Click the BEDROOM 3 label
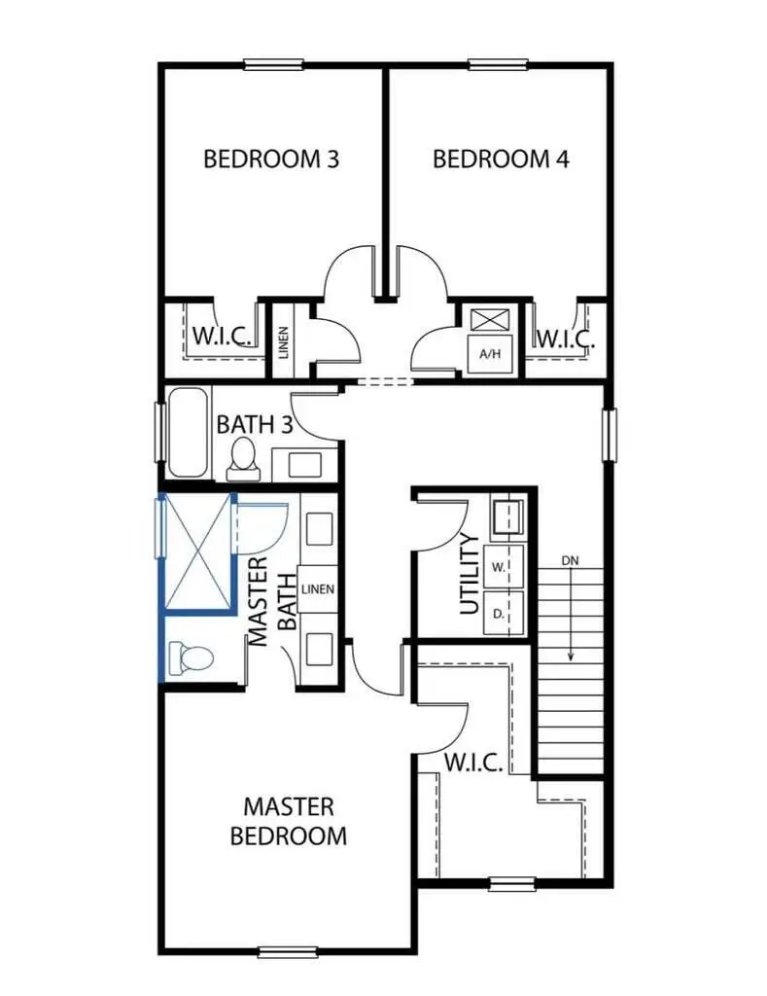[270, 159]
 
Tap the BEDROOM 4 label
[501, 159]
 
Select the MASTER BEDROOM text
[288, 821]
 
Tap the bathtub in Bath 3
[188, 432]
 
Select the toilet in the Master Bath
[191, 658]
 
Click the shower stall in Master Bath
[197, 551]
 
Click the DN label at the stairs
[571, 561]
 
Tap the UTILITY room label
[470, 573]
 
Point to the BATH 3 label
[254, 425]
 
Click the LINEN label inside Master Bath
[318, 589]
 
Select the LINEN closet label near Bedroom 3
[284, 340]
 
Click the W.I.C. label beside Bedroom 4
[565, 340]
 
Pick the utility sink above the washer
[506, 517]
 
